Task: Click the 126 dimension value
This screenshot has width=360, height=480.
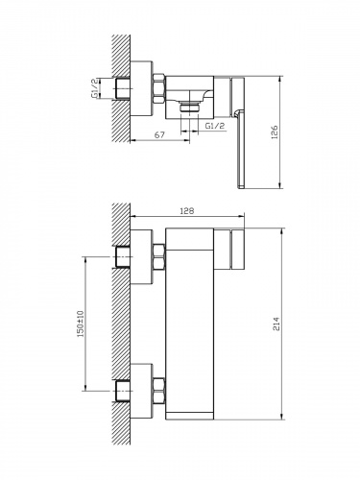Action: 275,132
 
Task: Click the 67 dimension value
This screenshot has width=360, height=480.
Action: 159,135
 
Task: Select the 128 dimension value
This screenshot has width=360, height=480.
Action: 187,211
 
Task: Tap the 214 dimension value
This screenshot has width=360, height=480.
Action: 276,324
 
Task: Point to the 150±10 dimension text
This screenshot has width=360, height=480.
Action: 80,324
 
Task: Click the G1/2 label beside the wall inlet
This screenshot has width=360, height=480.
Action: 95,88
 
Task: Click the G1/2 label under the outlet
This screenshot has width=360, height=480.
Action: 215,126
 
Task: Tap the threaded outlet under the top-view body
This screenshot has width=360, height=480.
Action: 189,108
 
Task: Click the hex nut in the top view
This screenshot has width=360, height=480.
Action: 159,88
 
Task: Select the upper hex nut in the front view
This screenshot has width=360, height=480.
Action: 159,256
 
